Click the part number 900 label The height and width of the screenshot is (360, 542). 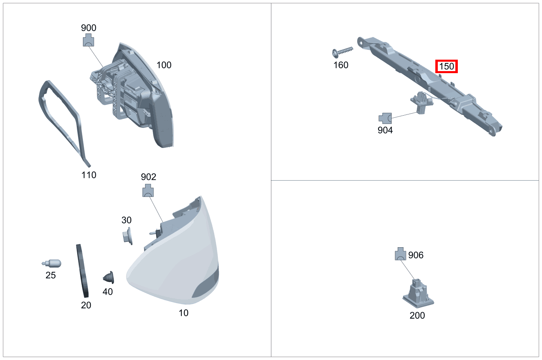click(89, 28)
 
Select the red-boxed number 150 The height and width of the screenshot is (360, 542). click(446, 66)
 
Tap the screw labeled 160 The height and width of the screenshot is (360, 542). click(342, 52)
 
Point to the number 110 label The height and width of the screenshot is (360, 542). click(89, 175)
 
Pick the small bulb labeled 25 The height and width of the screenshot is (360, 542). click(52, 263)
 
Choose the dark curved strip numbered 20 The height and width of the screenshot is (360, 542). click(82, 271)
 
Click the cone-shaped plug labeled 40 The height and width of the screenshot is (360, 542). click(109, 277)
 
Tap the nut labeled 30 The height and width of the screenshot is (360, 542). click(128, 236)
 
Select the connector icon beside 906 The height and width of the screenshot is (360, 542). click(401, 254)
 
